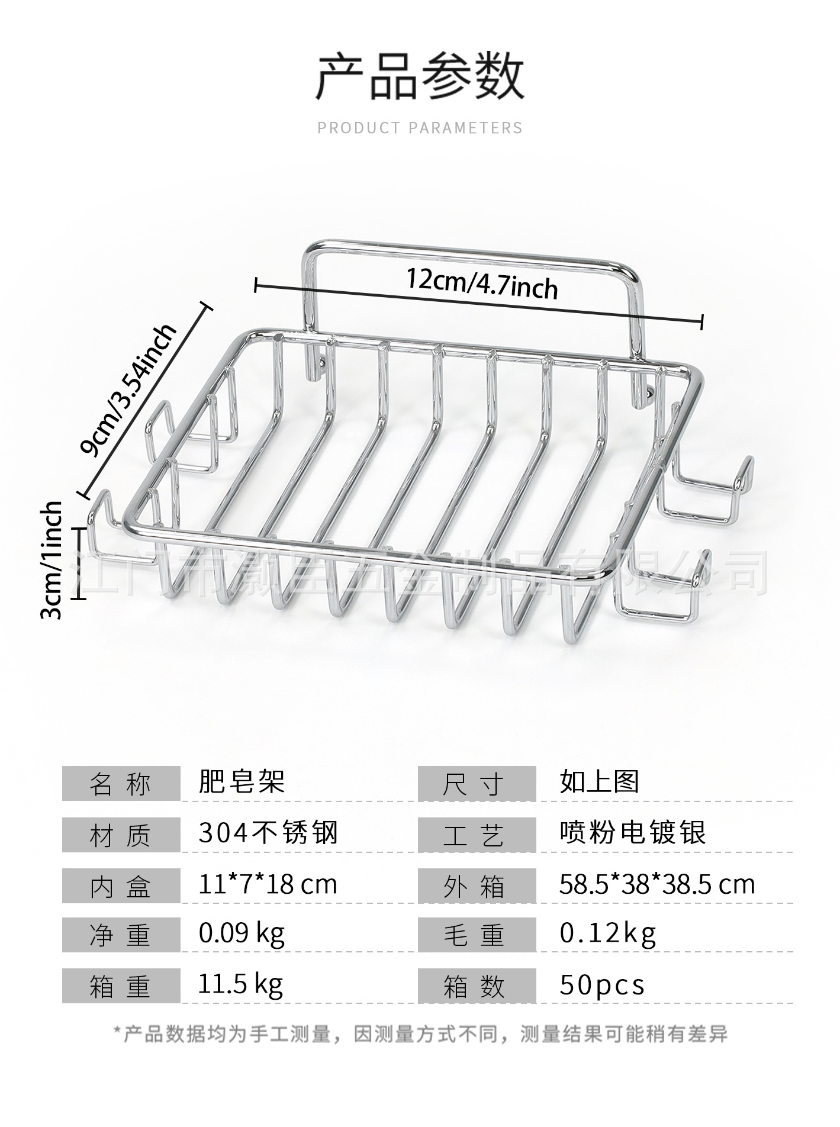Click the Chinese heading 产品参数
point(420,77)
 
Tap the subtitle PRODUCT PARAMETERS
point(420,128)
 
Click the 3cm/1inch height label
point(52,560)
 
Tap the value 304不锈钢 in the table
point(268,833)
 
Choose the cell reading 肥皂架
point(242,782)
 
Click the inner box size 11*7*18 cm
point(268,885)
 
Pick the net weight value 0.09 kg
point(242,934)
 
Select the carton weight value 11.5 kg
point(240,985)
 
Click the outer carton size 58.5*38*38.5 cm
point(657,885)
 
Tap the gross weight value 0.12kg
point(608,934)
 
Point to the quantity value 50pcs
point(601,986)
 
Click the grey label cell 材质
point(121,835)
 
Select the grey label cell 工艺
point(476,835)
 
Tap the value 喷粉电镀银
point(633,833)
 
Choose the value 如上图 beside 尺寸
point(599,782)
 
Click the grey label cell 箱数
point(476,986)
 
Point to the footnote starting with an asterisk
point(420,1035)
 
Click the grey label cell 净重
point(121,935)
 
